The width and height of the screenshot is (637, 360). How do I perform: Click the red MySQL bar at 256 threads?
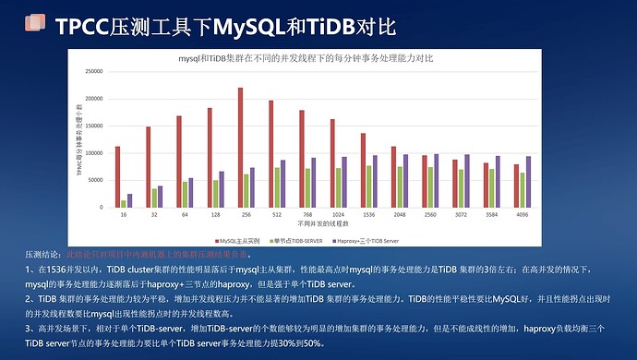pyautogui.click(x=240, y=148)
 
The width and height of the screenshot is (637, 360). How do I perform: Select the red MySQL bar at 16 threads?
pyautogui.click(x=117, y=176)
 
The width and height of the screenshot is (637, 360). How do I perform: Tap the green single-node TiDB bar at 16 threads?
pyautogui.click(x=124, y=203)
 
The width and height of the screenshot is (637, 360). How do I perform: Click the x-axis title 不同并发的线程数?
pyautogui.click(x=323, y=224)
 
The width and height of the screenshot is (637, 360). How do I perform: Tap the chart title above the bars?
pyautogui.click(x=323, y=57)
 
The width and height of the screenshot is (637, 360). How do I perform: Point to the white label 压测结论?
pyautogui.click(x=43, y=253)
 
